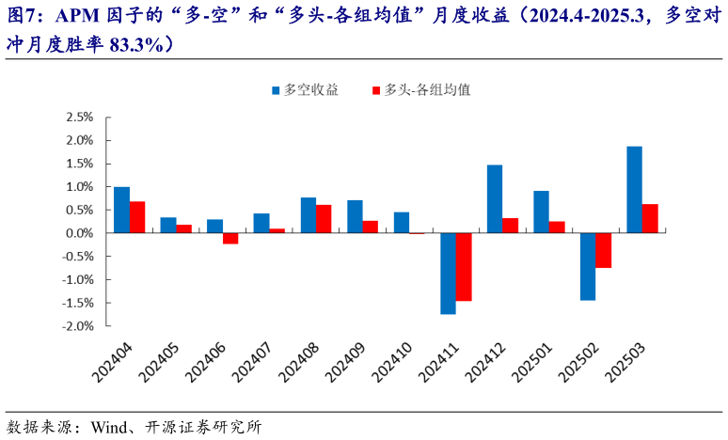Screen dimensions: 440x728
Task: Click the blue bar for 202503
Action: tap(634, 189)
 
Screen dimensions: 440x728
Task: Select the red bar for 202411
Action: tap(464, 267)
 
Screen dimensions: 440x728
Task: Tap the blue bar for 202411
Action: tap(448, 273)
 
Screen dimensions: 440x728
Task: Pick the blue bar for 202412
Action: tap(495, 198)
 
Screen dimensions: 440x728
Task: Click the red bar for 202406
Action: tap(230, 238)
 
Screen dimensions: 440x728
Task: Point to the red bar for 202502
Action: tap(603, 250)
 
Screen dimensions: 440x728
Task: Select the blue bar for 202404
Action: tap(121, 210)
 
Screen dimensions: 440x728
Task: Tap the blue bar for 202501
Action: tap(541, 212)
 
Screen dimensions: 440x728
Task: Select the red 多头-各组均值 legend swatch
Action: tap(376, 90)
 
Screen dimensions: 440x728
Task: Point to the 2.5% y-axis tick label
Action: tap(79, 118)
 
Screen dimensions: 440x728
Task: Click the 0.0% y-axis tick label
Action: tap(79, 233)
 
